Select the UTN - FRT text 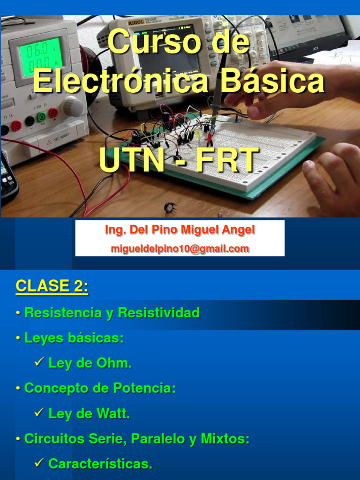tap(179, 160)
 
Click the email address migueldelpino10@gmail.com tap(180, 249)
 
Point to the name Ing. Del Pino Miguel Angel tap(180, 230)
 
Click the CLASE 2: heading tap(52, 286)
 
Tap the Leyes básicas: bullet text tap(74, 338)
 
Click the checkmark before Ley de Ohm tap(39, 362)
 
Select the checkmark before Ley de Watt tap(39, 412)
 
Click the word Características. tap(100, 465)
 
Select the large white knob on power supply tap(73, 106)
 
